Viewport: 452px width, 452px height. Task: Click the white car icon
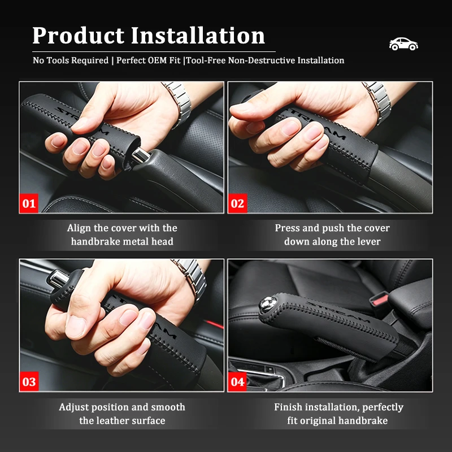pos(403,44)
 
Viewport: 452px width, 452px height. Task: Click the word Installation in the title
pos(198,36)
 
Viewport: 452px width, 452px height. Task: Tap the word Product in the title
pos(79,36)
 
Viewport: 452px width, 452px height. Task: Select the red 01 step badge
pos(29,203)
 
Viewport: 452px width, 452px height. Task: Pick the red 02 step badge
pos(237,203)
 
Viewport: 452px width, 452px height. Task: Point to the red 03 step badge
pos(29,381)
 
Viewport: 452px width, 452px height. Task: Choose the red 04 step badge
pos(237,381)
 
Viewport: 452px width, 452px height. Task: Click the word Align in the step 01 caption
pos(79,228)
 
